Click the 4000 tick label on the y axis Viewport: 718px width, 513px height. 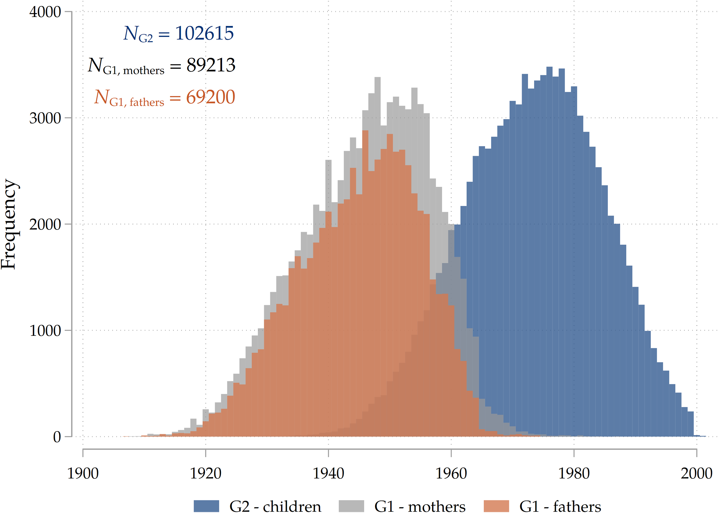point(45,12)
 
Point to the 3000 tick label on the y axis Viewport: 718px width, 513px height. point(45,119)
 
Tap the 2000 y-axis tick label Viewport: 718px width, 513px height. point(45,225)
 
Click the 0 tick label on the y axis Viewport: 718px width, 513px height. point(57,437)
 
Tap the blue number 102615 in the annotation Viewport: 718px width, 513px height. point(205,33)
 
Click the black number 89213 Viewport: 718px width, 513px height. point(211,65)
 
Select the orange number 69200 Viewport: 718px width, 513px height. point(211,97)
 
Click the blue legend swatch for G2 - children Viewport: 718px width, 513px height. point(206,506)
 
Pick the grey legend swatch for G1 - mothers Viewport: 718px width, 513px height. point(351,506)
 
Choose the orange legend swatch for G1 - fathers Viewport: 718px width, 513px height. point(496,506)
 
